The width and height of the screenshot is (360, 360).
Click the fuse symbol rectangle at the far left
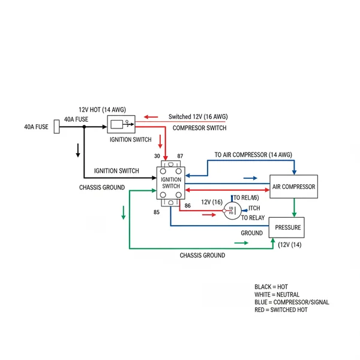coord(57,127)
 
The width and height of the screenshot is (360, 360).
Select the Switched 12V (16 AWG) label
coord(198,116)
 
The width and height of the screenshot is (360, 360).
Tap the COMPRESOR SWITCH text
coord(199,128)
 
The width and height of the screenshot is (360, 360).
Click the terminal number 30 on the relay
coord(157,156)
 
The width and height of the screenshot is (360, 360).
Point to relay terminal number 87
coord(180,156)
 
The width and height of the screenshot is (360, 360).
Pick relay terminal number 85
coord(157,212)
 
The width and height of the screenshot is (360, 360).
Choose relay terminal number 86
coord(187,206)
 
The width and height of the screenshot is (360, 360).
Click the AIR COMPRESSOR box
coord(293,187)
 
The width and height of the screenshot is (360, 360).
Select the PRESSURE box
coord(288,227)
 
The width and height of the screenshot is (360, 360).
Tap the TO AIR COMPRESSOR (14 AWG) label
coord(253,155)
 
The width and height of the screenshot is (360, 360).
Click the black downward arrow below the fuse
coord(77,150)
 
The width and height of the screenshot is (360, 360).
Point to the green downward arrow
coord(123,212)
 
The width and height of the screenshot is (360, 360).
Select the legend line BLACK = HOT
coord(271,287)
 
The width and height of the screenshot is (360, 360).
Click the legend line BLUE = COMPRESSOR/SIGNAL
coord(292,302)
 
